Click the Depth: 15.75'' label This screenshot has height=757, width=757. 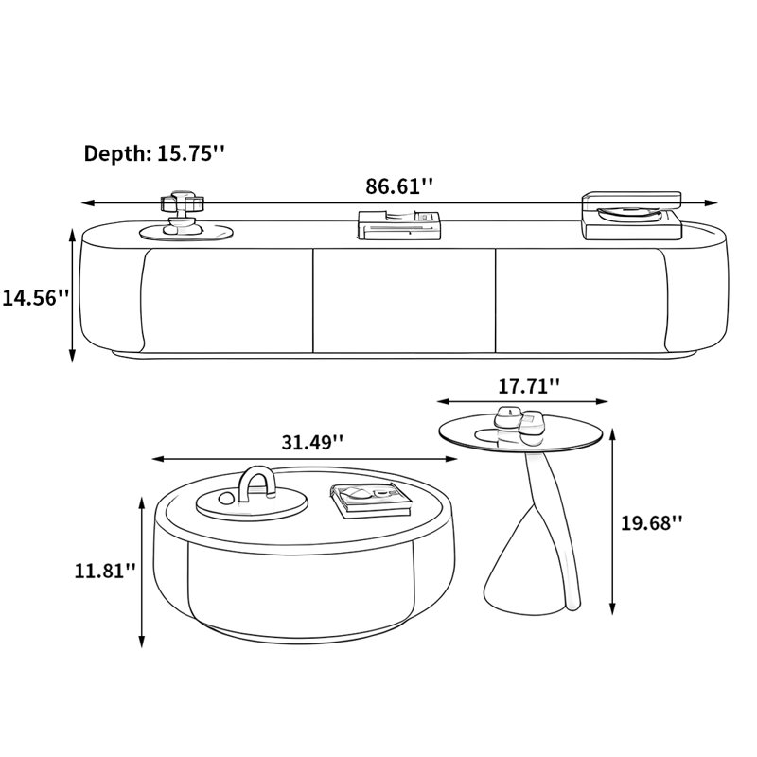point(154,153)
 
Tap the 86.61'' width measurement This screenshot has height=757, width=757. point(399,185)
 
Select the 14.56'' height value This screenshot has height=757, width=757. point(36,297)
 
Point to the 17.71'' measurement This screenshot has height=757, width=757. point(529,386)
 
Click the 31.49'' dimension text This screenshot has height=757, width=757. point(312,441)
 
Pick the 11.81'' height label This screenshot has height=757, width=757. point(105,571)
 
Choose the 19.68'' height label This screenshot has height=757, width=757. point(651,522)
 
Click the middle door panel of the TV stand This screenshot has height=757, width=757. point(404,300)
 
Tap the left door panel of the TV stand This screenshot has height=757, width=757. point(226,300)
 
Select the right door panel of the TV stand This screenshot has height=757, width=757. point(582,300)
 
